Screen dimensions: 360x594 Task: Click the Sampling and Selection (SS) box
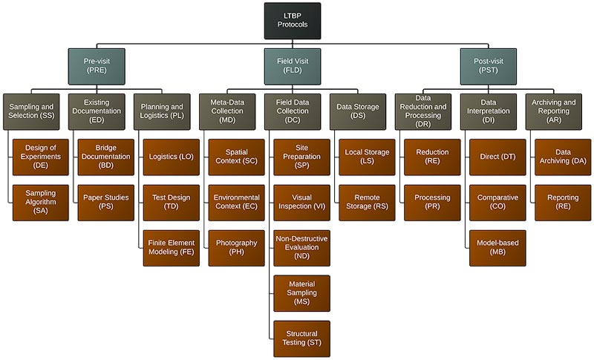click(x=30, y=111)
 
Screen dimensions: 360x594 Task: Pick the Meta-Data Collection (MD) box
click(x=227, y=111)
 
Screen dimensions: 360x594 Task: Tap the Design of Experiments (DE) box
click(x=40, y=157)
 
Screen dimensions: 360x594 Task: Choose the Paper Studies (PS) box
click(x=106, y=202)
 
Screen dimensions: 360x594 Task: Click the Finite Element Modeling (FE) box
click(x=172, y=248)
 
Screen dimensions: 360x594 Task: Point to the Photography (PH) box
click(x=236, y=248)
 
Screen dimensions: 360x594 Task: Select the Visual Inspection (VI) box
click(x=301, y=202)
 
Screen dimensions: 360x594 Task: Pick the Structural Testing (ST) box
click(x=301, y=338)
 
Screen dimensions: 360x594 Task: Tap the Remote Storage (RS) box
click(x=367, y=202)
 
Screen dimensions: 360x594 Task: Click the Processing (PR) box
click(x=432, y=202)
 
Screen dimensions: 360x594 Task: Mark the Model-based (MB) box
click(x=497, y=248)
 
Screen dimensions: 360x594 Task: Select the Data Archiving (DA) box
click(x=562, y=157)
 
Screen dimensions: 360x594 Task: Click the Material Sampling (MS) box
click(x=301, y=293)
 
